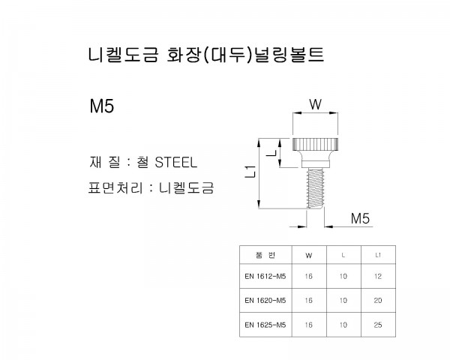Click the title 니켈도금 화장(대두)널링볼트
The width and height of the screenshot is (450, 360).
coord(206,55)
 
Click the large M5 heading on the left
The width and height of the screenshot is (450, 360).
coord(102,106)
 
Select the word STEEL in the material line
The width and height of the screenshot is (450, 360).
coord(176,162)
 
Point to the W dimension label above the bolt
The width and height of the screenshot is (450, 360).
coord(316,104)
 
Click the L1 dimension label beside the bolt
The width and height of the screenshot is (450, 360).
coord(250,172)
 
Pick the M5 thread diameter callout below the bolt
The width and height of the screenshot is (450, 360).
coord(360,218)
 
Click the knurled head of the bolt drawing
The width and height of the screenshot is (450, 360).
coord(315,145)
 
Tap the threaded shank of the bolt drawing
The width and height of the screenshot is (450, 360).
coord(315,188)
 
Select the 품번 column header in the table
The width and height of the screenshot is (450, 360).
coord(265,255)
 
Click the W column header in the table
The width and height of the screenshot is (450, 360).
coord(309,256)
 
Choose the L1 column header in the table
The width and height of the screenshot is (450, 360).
coord(378,255)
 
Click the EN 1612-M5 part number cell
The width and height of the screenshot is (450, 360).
coord(265,277)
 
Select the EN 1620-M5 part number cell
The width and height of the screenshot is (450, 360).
coord(265,301)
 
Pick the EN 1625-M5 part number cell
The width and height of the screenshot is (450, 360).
coord(265,325)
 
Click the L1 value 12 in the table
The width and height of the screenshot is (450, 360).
coord(378,277)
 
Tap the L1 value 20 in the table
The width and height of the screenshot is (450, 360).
coord(378,301)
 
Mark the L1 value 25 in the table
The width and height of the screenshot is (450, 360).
coord(378,325)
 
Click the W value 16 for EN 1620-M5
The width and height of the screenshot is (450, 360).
coord(309,301)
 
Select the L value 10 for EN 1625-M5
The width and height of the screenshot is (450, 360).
coord(343,325)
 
